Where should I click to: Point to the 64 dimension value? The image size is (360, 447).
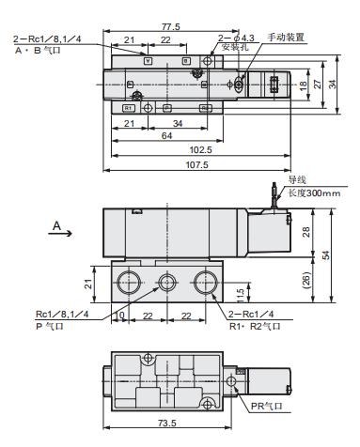click(165, 135)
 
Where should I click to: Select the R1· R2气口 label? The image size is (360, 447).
click(255, 328)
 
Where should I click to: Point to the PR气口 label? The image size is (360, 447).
click(272, 405)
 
